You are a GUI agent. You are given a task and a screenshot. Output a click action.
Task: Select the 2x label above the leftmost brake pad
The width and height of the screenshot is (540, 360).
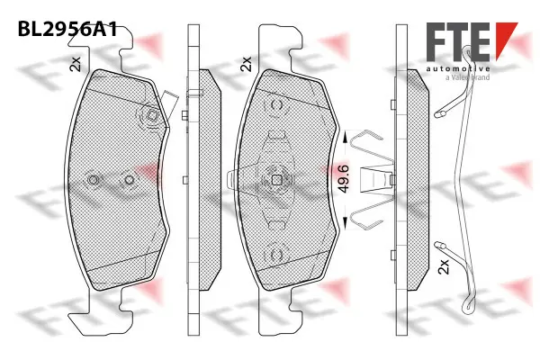[76, 63]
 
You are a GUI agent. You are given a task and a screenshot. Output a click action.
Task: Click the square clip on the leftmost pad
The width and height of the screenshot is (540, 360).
[152, 115]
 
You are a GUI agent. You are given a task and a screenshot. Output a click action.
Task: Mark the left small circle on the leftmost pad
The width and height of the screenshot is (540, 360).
[92, 181]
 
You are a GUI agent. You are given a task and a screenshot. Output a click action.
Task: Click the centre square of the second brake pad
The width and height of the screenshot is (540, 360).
[277, 179]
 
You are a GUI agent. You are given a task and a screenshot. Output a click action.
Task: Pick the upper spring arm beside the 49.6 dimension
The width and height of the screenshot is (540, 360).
[364, 142]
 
